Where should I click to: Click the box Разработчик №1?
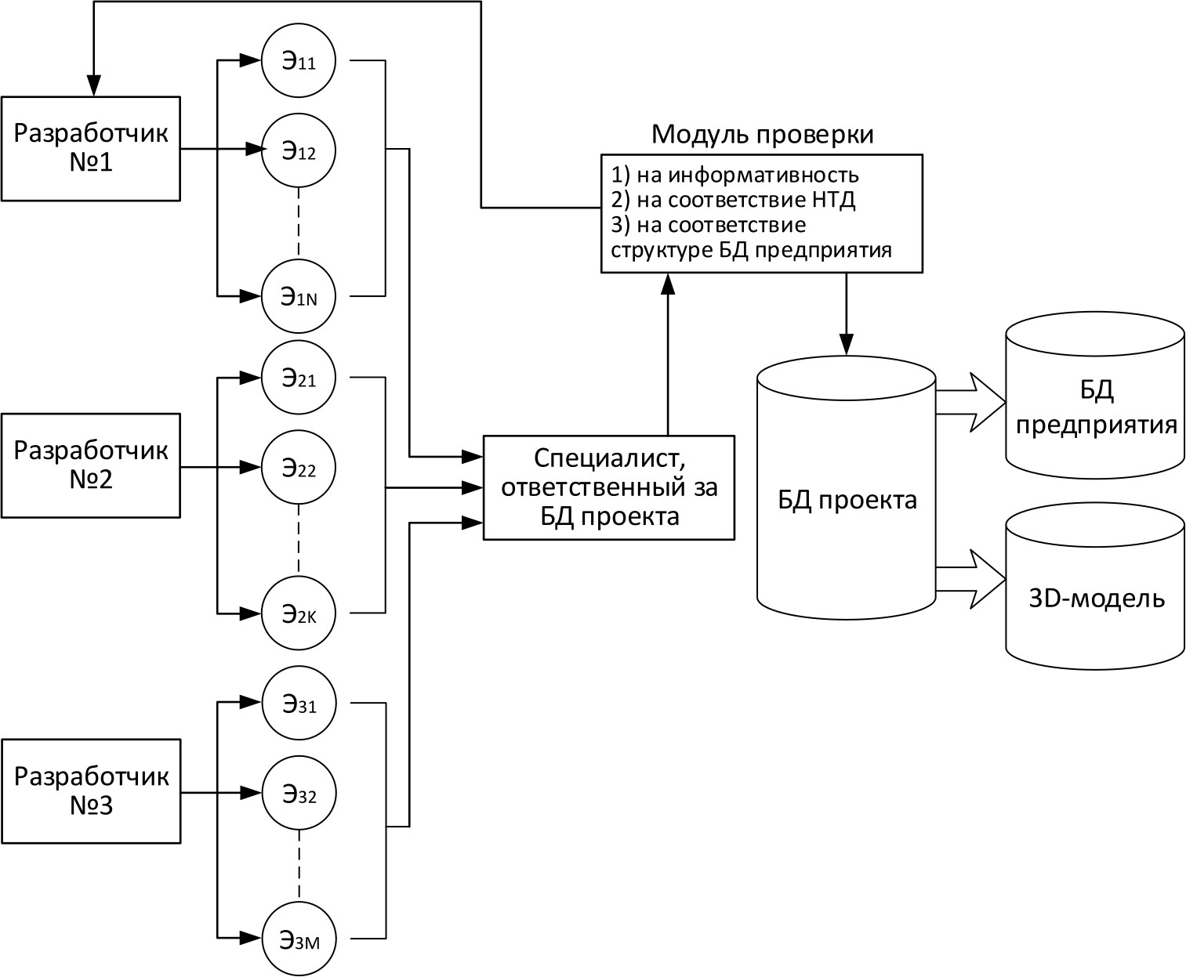(x=91, y=148)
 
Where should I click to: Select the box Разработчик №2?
(x=91, y=465)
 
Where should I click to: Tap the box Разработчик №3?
(x=91, y=791)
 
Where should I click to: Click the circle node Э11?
(x=299, y=62)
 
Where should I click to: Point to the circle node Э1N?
(x=299, y=296)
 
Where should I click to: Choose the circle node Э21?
(x=299, y=378)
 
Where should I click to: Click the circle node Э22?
(x=299, y=469)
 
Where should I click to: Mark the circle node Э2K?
(x=299, y=613)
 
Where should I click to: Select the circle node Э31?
(x=299, y=704)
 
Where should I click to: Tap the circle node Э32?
(x=299, y=794)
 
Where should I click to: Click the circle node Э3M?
(x=299, y=938)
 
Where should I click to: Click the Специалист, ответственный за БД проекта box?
(x=609, y=487)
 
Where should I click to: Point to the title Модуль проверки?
(x=762, y=135)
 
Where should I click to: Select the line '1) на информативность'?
(x=734, y=175)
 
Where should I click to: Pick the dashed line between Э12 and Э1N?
(x=299, y=223)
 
